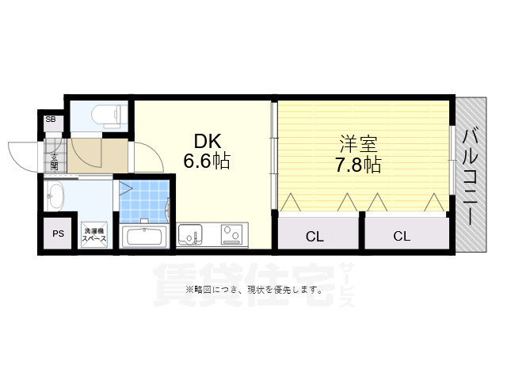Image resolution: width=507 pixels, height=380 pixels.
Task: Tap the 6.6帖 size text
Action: [207, 162]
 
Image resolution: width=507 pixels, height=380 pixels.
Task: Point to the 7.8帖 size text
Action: [358, 165]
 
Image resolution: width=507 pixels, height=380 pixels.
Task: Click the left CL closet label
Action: [314, 235]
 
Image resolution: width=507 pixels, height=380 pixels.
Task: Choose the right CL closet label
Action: [402, 235]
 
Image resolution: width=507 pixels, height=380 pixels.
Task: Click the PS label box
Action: [58, 234]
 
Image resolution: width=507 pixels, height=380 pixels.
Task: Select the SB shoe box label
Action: [51, 120]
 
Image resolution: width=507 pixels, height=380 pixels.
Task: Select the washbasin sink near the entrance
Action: [55, 198]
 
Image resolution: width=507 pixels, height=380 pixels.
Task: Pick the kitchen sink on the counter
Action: [190, 234]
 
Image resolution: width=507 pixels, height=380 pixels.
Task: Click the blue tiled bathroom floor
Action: [145, 202]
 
